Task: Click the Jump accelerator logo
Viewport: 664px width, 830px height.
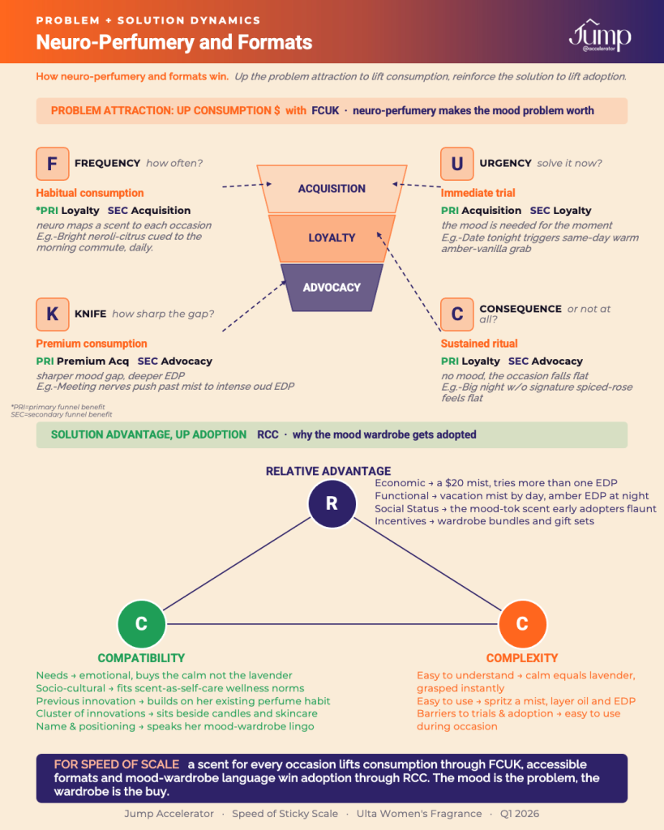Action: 600,36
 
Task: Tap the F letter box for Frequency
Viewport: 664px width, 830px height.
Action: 53,164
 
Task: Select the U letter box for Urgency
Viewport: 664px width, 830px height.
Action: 457,164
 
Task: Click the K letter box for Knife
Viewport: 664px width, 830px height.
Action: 53,314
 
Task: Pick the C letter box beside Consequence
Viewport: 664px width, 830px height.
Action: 457,314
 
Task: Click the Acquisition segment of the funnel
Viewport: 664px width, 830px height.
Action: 332,189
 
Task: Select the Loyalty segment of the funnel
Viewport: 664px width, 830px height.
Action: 332,238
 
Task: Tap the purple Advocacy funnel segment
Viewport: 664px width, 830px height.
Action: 332,288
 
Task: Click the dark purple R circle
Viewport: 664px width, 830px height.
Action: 332,503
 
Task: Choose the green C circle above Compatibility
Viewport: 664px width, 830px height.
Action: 141,623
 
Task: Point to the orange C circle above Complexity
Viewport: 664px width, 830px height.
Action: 523,623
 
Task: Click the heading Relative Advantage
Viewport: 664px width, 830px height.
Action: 328,471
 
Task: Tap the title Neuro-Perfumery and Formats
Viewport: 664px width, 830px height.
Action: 174,42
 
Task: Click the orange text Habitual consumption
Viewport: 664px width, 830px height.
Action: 90,193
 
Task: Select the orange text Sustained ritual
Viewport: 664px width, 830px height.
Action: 479,344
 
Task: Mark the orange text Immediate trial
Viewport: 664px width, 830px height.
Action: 478,193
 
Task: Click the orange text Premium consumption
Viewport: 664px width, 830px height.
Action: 92,344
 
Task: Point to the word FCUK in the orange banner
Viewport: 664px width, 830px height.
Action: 325,110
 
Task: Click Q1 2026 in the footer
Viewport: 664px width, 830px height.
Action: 520,814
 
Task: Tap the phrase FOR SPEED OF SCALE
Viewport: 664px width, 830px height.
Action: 117,764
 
